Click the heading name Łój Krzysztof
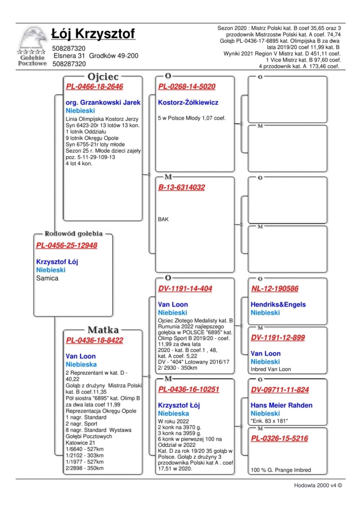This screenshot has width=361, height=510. pos(93,34)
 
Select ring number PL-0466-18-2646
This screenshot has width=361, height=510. pos(95,87)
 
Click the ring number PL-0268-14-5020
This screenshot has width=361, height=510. pos(187,87)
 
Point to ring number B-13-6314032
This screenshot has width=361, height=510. pos(181,187)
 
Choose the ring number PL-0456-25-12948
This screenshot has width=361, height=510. pos(66,245)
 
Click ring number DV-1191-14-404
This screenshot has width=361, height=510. pos(185,289)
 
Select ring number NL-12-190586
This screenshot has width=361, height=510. pos(275,289)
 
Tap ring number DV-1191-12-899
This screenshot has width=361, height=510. pos(278,338)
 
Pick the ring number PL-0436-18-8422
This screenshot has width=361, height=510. pos(95,340)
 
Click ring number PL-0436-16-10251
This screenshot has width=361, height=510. pos(188,389)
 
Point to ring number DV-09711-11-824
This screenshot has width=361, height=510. pos(280,390)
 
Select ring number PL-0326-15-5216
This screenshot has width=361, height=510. pos(279,438)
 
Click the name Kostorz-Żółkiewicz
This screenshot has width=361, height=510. pos(188,102)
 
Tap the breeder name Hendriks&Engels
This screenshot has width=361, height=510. pos(278,304)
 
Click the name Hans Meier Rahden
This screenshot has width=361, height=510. pos(282,405)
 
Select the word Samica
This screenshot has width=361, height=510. pos(47,278)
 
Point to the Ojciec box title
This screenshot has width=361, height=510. pos(103,76)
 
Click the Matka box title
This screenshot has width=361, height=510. pos(103,330)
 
